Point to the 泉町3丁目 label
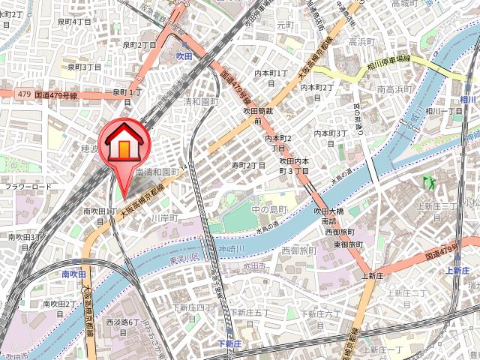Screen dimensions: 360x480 tap(84, 67)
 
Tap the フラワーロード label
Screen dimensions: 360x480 tap(28, 187)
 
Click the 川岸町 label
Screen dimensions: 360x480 tap(162, 218)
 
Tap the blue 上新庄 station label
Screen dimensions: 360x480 tap(457, 270)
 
